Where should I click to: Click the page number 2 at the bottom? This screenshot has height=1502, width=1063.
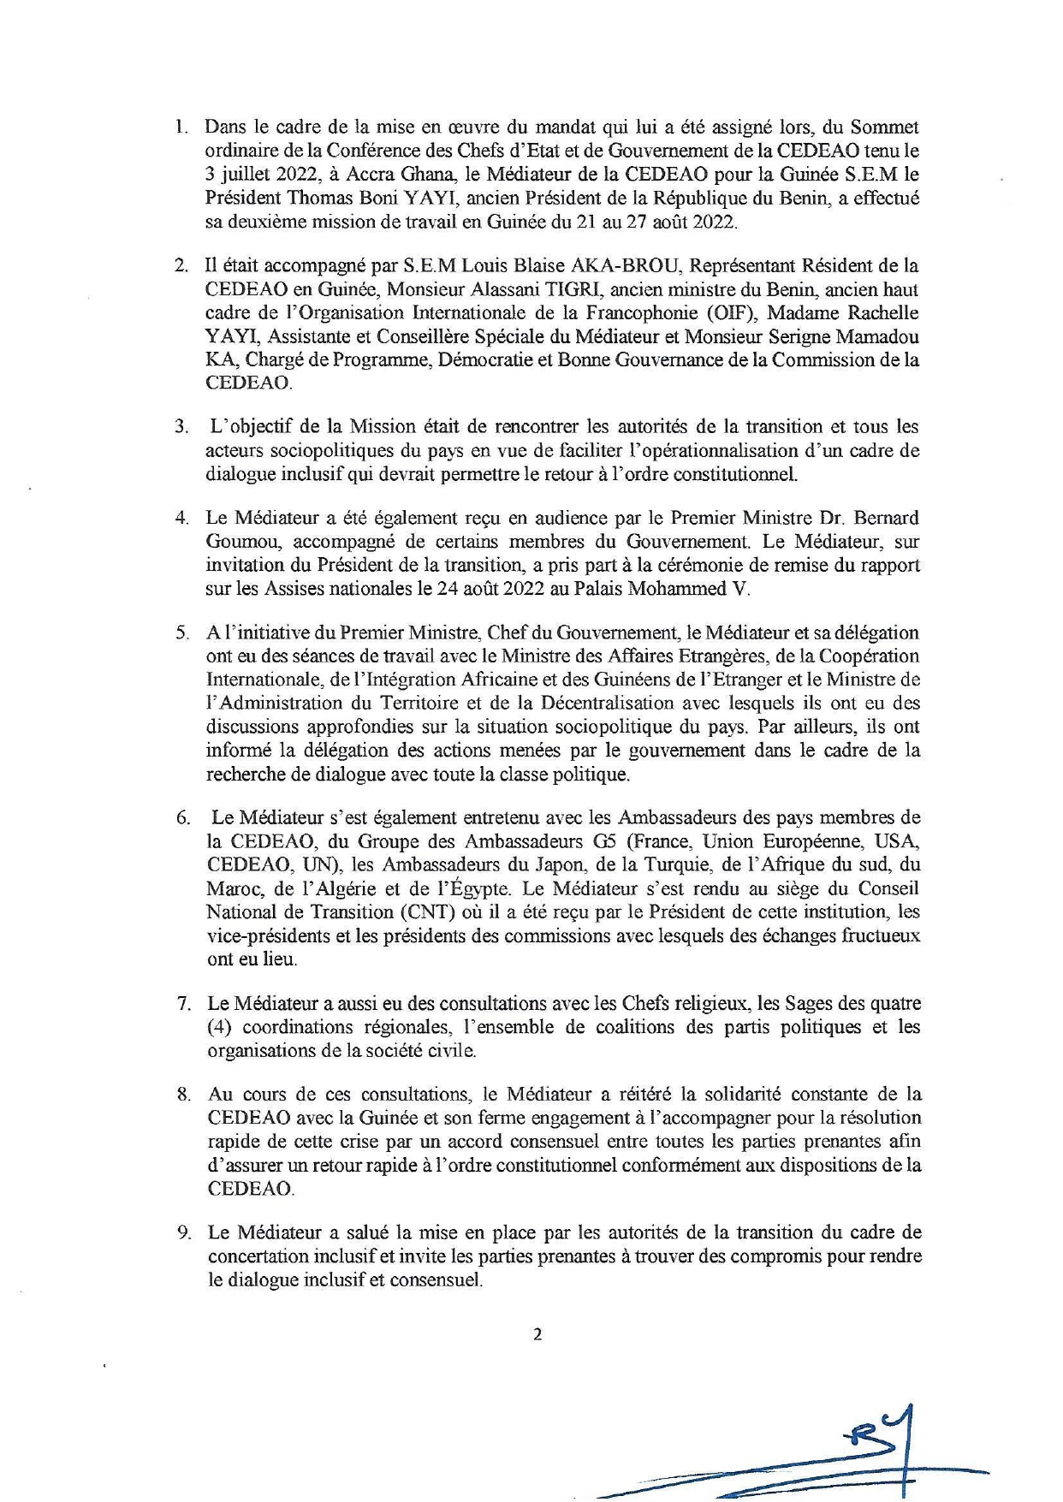coord(537,1334)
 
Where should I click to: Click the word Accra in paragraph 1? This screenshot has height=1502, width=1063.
coord(369,175)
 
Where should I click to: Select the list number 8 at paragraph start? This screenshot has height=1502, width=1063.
coord(183,1095)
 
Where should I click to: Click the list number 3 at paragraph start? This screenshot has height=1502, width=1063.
coord(182,426)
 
